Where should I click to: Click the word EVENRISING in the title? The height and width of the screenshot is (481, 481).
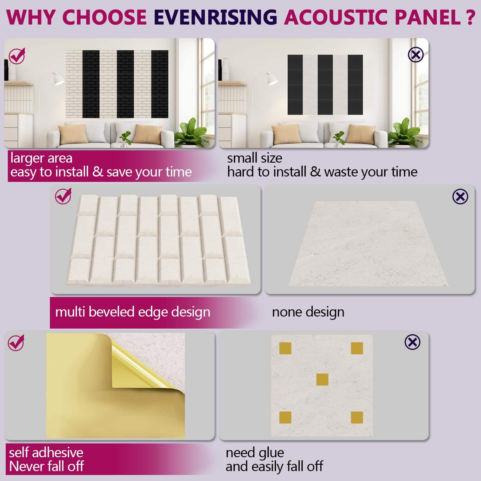pos(215,17)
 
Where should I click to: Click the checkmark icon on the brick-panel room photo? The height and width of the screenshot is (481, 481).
pos(17,56)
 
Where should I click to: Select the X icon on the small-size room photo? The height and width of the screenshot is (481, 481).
pos(416,55)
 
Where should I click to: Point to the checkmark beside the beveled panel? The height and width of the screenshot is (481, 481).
pos(63,196)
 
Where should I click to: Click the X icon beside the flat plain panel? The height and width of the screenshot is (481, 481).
pos(460,197)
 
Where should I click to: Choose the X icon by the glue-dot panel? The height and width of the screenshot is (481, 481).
pos(412,342)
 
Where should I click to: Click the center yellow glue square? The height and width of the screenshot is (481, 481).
pos(322,379)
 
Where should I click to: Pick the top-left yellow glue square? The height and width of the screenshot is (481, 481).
pos(285,348)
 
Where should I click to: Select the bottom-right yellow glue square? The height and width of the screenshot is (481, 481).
pos(357,418)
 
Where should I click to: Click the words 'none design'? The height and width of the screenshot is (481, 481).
pos(308,312)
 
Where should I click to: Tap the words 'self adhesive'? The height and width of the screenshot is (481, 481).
pos(46,452)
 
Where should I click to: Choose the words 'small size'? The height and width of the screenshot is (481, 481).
pos(255,158)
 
